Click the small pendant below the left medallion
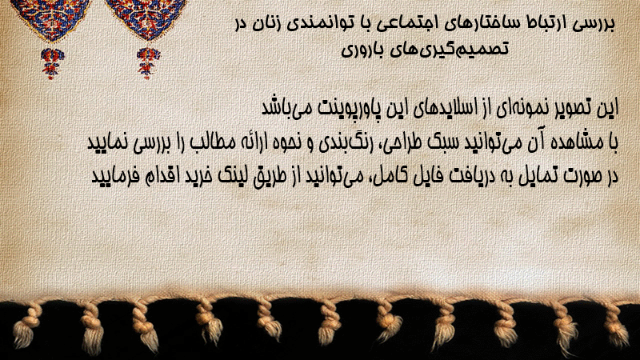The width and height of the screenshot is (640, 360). pos(52,63)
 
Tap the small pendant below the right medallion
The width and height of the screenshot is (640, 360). pos(148,63)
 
